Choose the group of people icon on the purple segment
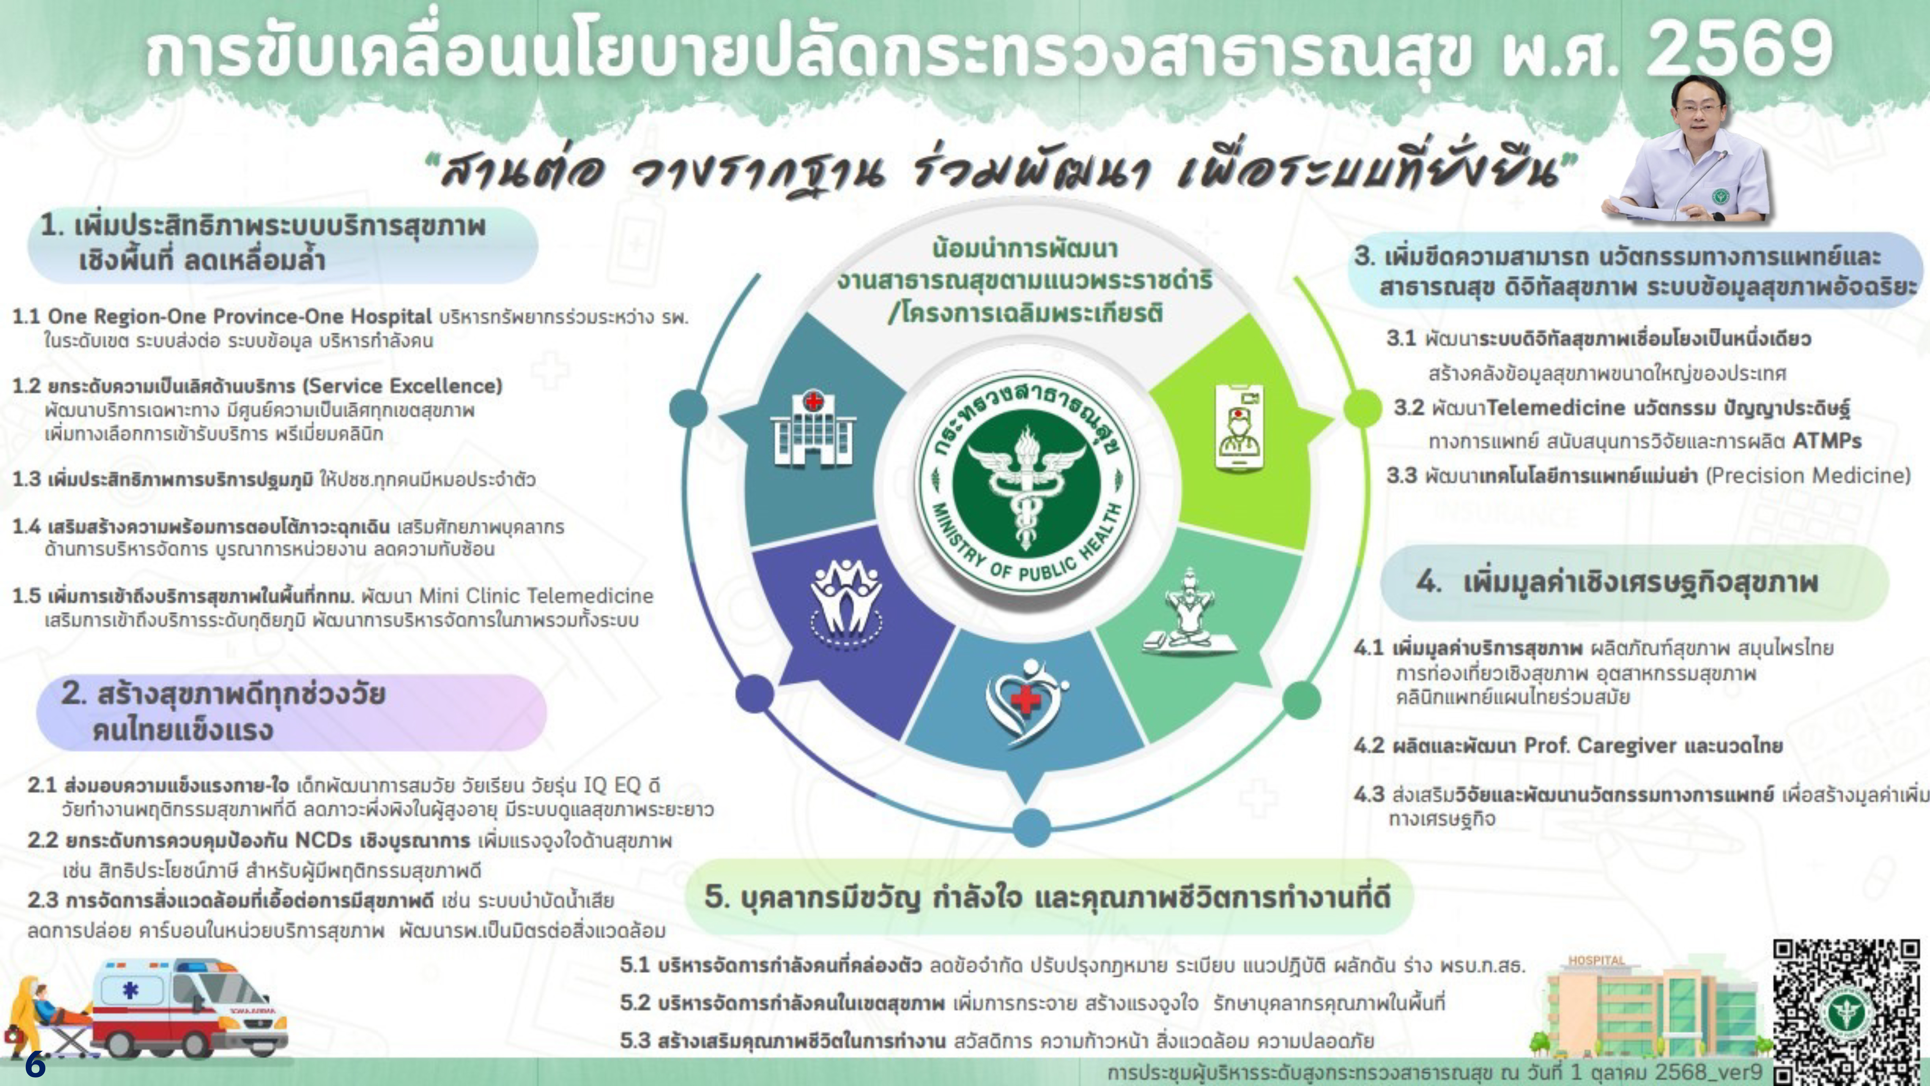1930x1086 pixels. coord(847,602)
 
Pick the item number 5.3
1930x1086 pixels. coord(635,1041)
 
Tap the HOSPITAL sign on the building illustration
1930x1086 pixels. coord(1597,960)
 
